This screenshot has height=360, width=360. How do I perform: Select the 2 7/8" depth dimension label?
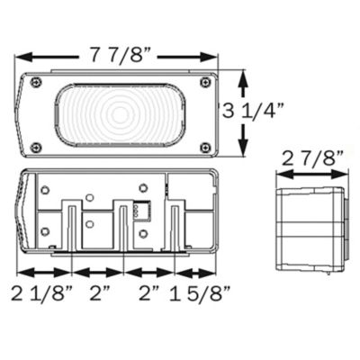[312, 159]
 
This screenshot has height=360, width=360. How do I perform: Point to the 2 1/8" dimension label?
[41, 292]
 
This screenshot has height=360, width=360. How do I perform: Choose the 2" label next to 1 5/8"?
[149, 292]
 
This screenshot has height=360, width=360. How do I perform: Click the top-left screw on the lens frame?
[35, 83]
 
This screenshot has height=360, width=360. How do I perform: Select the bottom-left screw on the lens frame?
[35, 147]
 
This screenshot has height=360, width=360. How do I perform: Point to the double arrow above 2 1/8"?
[42, 270]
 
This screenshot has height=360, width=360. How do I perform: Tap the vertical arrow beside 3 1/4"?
[243, 113]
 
